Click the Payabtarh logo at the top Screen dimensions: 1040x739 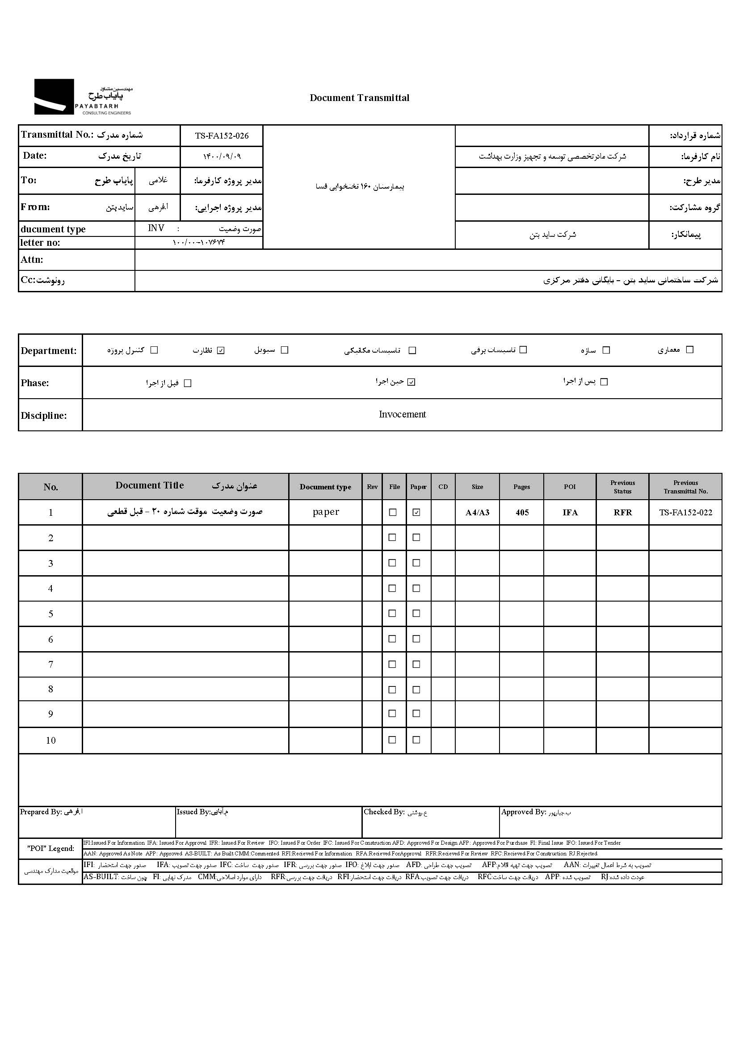point(83,97)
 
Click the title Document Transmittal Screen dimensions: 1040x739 point(359,98)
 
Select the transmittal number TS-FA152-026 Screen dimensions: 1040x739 point(222,135)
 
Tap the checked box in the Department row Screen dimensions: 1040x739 point(221,350)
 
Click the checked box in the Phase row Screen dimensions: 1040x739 point(411,382)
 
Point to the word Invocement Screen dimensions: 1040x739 point(402,414)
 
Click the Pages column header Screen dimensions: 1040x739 point(521,487)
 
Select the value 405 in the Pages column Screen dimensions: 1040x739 point(522,513)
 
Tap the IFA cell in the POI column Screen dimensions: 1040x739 point(570,513)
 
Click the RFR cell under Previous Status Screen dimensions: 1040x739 point(622,513)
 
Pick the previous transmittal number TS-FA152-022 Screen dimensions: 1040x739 point(685,513)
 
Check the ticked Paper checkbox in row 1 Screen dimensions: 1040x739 point(416,513)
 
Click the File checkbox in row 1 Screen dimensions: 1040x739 point(393,513)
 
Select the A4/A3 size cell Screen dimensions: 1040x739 point(477,513)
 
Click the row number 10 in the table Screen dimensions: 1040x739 point(50,741)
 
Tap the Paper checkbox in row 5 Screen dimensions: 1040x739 point(416,614)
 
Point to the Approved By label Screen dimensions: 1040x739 point(523,812)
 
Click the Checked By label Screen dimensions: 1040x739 point(384,812)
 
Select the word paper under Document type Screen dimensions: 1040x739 point(326,512)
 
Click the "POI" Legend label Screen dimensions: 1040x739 point(50,848)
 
